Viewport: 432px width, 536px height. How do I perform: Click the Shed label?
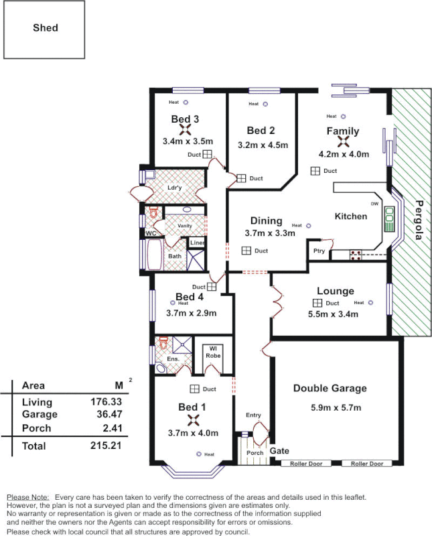point(46,28)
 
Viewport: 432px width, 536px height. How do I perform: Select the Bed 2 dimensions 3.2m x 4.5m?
point(263,145)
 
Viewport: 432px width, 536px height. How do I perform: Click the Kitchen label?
point(351,216)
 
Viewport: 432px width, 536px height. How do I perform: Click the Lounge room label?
point(336,291)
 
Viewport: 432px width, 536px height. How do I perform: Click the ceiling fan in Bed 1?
point(194,420)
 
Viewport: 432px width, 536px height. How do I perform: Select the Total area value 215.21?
point(106,446)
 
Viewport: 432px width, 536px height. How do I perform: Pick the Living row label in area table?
point(36,402)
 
